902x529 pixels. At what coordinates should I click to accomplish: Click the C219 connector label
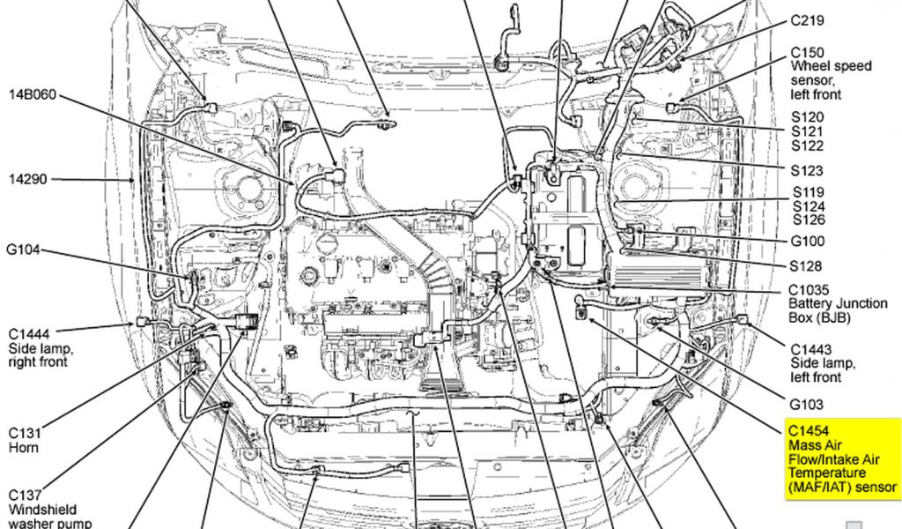[x=807, y=19]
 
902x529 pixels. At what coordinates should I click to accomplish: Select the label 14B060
[x=33, y=93]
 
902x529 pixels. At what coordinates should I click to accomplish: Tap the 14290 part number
[x=28, y=179]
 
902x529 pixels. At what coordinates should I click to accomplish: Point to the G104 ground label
[x=24, y=250]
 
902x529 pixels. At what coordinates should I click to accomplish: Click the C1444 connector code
[x=29, y=334]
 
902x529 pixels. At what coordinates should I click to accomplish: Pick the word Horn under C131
[x=24, y=448]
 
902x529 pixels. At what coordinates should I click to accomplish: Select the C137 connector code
[x=26, y=495]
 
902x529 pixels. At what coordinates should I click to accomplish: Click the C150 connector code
[x=807, y=52]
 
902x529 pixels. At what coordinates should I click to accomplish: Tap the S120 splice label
[x=808, y=116]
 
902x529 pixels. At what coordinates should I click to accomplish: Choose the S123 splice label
[x=808, y=170]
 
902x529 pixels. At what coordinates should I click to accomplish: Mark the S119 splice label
[x=808, y=191]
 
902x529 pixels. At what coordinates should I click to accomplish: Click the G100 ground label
[x=808, y=241]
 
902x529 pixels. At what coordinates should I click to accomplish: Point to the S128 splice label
[x=808, y=265]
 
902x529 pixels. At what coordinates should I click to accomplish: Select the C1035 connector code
[x=809, y=289]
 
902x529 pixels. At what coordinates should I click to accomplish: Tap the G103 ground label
[x=807, y=405]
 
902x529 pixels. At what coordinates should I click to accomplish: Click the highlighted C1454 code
[x=809, y=430]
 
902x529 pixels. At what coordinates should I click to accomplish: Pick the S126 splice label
[x=808, y=220]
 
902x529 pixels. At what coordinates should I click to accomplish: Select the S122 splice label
[x=808, y=145]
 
